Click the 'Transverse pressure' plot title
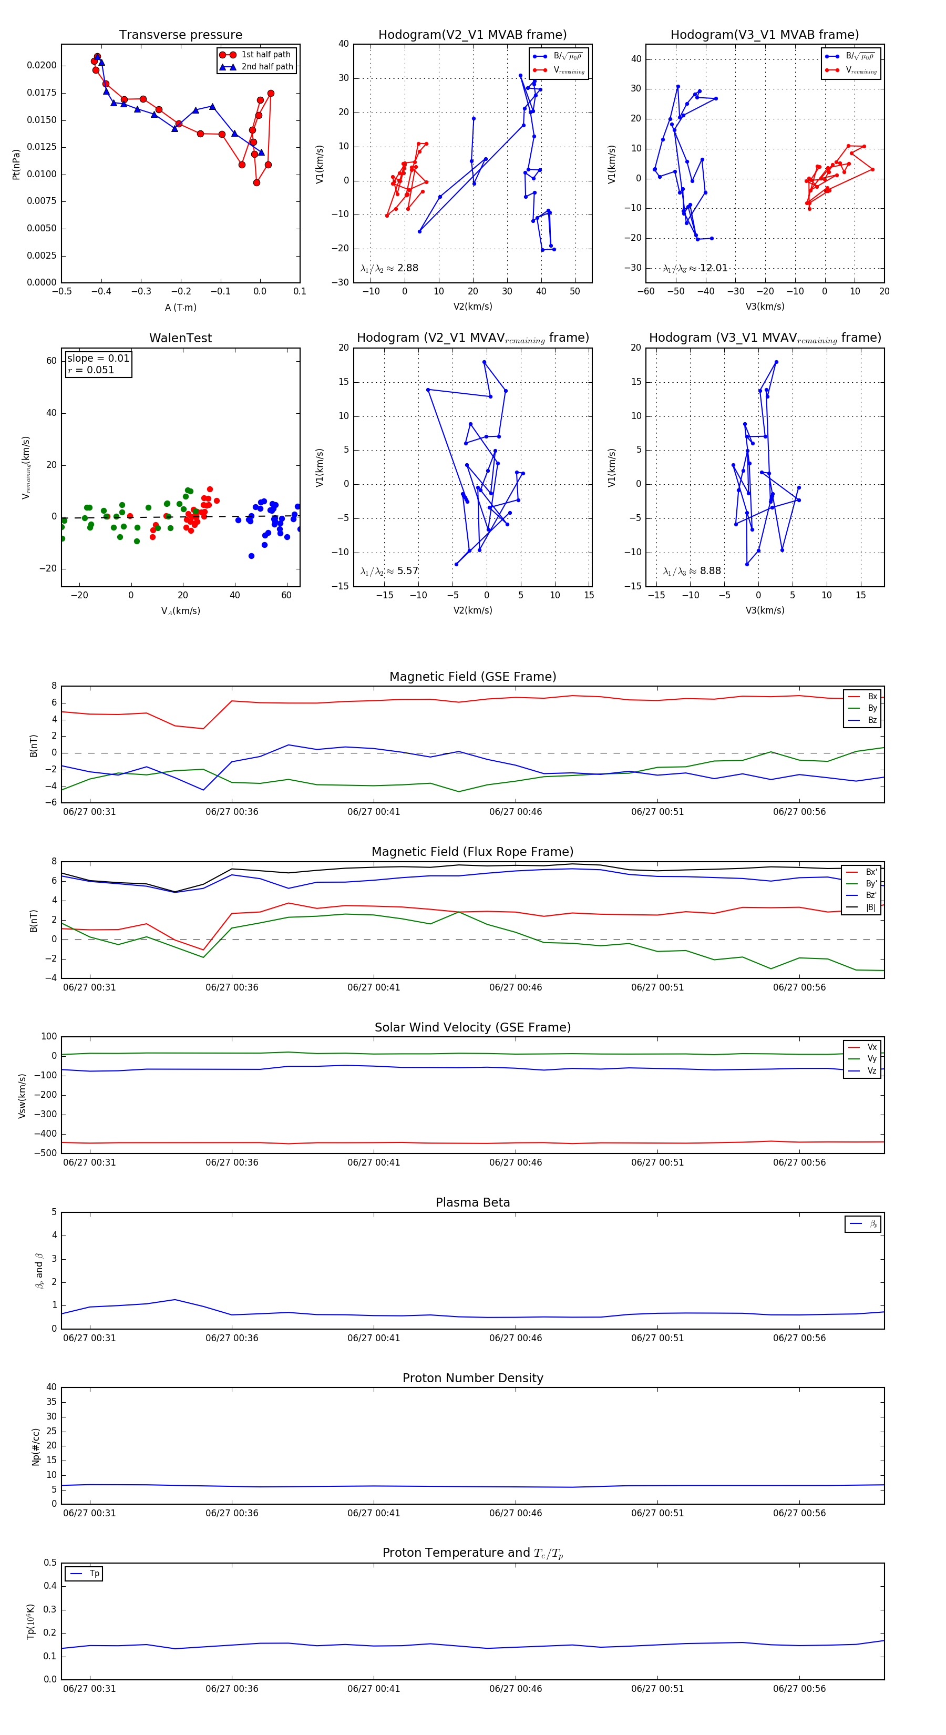pyautogui.click(x=180, y=35)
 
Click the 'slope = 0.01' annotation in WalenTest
pyautogui.click(x=98, y=359)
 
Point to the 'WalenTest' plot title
pyautogui.click(x=180, y=338)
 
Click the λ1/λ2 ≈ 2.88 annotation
pyautogui.click(x=389, y=268)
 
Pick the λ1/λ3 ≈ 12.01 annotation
pyautogui.click(x=695, y=268)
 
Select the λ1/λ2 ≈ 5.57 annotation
pyautogui.click(x=389, y=571)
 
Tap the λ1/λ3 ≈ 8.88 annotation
pyautogui.click(x=692, y=571)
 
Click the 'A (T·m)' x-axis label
pyautogui.click(x=180, y=308)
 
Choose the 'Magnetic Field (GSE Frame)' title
pyautogui.click(x=472, y=677)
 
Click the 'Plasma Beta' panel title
pyautogui.click(x=472, y=1203)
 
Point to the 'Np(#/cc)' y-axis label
pyautogui.click(x=36, y=1447)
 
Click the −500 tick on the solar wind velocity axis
pyautogui.click(x=48, y=1153)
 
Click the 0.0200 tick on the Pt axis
pyautogui.click(x=42, y=65)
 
